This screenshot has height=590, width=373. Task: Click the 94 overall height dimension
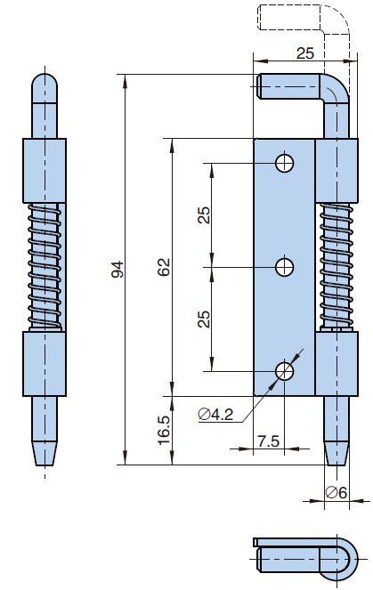[117, 269]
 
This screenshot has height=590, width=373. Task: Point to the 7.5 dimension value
[266, 440]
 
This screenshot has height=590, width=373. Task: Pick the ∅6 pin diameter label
[336, 492]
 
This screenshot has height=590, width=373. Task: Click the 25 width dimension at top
[304, 53]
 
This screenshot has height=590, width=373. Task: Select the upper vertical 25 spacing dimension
[205, 214]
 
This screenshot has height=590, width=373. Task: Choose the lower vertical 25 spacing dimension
[205, 318]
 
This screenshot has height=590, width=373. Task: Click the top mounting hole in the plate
[285, 162]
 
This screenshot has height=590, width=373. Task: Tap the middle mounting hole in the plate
[285, 266]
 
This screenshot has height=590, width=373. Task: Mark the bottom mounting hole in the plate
[285, 370]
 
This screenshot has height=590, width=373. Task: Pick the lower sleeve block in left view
[45, 363]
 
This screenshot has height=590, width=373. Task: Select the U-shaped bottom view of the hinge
[307, 556]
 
